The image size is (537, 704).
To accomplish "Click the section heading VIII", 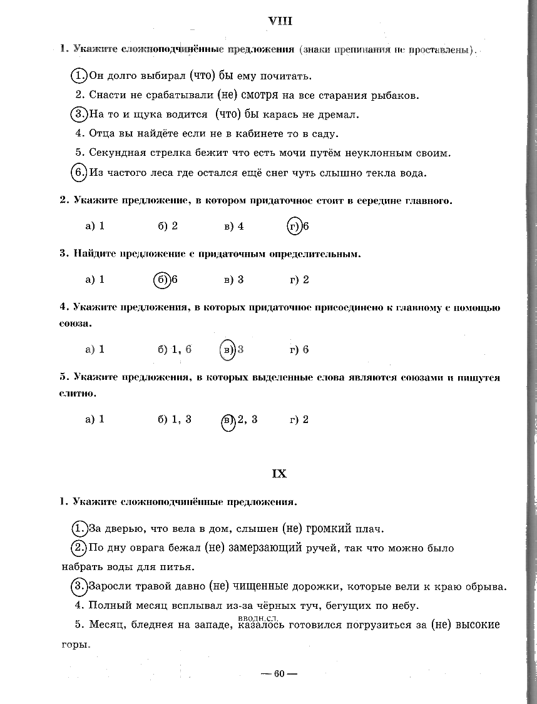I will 280,21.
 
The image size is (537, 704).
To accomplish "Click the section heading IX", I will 279,474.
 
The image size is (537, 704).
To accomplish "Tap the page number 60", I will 279,674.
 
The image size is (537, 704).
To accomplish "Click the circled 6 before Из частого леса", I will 79,172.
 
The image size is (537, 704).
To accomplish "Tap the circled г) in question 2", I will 294,226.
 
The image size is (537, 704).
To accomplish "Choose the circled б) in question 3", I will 161,280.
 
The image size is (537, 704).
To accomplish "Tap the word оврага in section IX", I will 153,549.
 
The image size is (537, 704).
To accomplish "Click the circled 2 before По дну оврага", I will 79,548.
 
